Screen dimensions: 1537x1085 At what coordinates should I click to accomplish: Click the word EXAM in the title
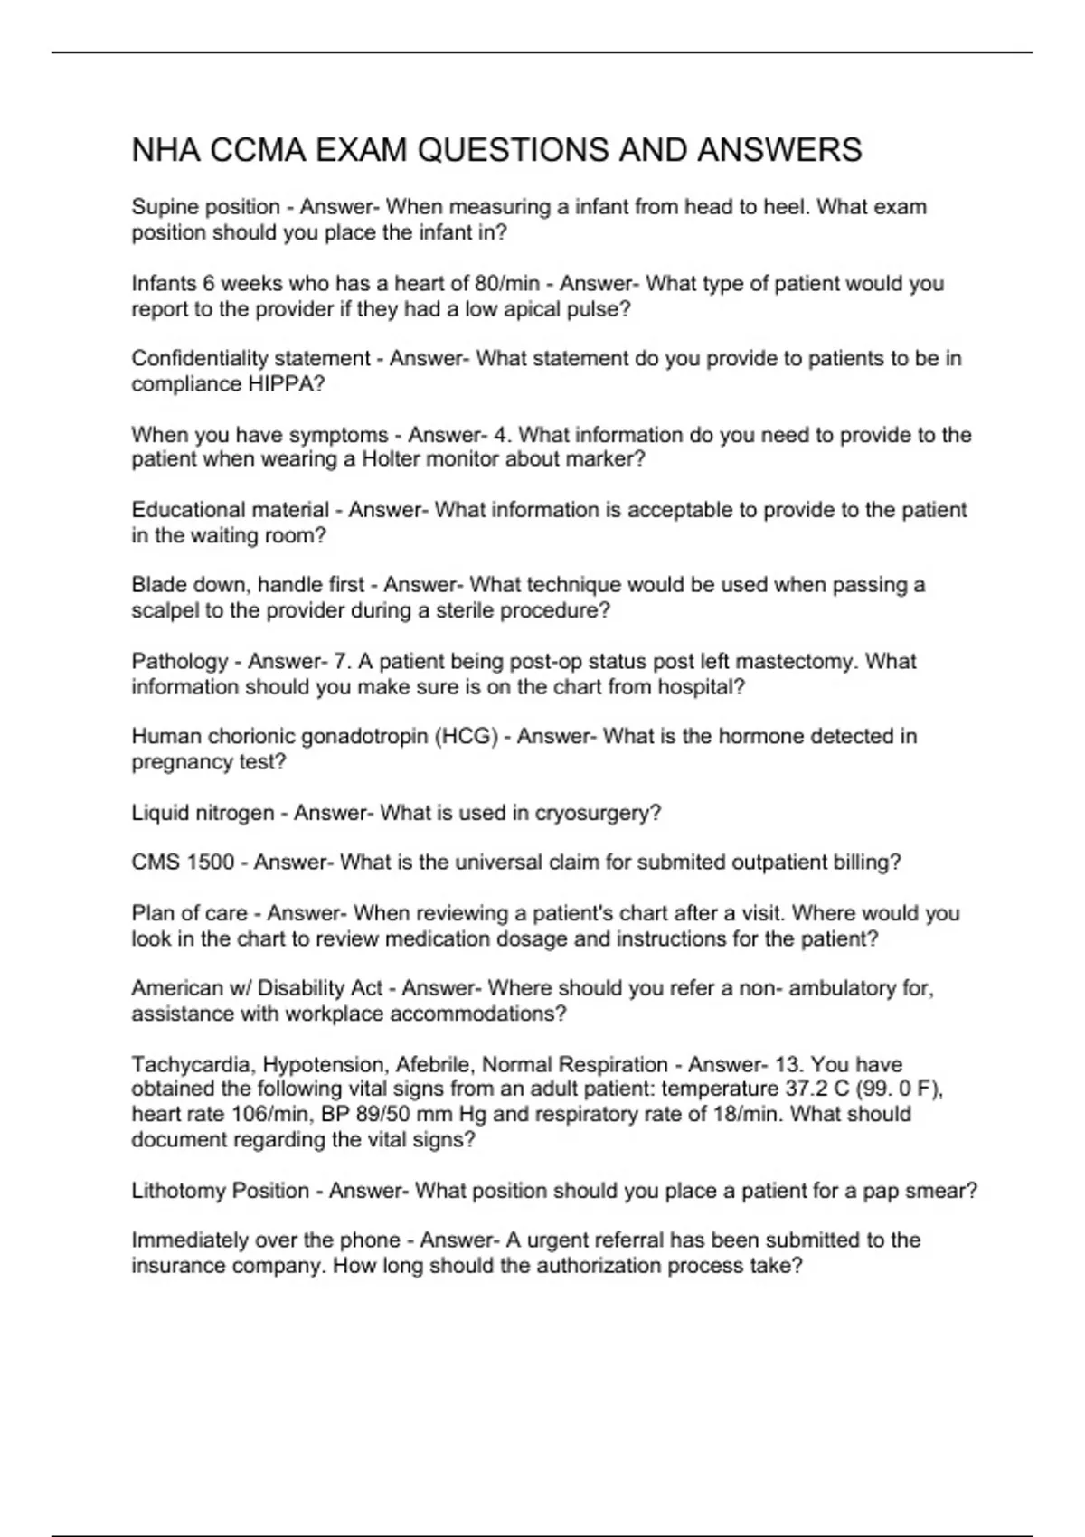click(x=360, y=150)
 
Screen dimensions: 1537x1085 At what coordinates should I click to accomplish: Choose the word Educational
click(x=183, y=510)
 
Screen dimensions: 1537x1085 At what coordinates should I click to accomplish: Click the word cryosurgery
click(x=598, y=813)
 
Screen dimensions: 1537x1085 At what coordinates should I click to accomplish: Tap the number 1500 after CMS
click(x=210, y=863)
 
